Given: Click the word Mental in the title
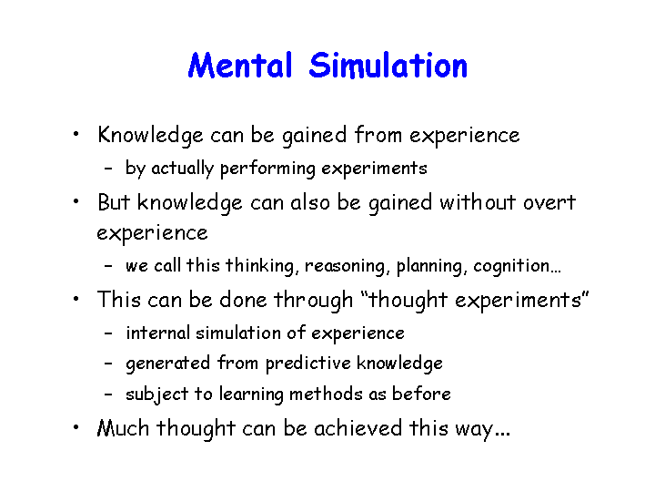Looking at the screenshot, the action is (240, 66).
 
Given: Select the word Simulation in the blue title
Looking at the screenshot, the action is (388, 66).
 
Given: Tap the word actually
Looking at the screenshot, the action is (183, 169).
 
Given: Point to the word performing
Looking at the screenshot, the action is (267, 169).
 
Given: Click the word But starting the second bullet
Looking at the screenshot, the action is (114, 202).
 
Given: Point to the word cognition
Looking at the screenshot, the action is (511, 266).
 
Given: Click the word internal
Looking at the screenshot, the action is (158, 333).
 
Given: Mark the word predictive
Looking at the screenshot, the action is (308, 364).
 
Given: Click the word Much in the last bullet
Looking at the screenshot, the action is (123, 428).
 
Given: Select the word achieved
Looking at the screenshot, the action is (358, 428).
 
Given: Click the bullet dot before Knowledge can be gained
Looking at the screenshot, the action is (76, 134).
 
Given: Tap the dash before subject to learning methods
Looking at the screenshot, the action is (108, 395).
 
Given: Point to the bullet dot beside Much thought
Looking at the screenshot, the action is (76, 427).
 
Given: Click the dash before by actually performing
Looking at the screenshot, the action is (108, 169).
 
